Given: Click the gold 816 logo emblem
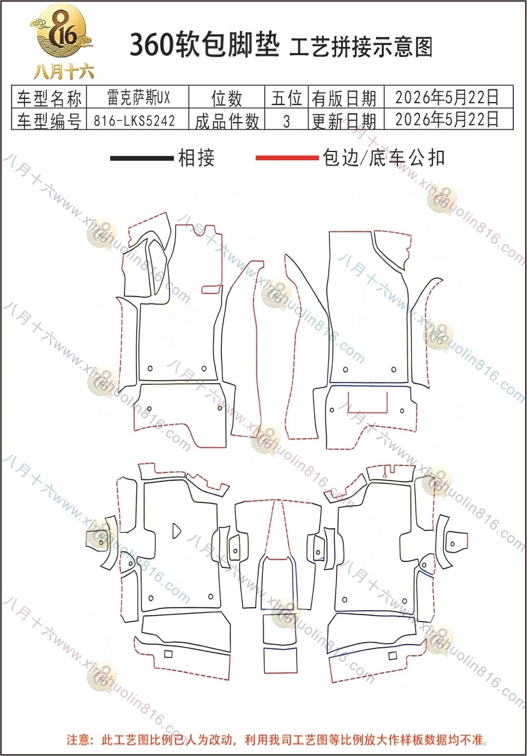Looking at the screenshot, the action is tap(61, 31).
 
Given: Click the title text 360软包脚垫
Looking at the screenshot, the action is tap(205, 45).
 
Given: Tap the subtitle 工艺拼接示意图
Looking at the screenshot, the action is tap(361, 48).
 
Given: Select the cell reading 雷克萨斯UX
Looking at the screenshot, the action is tap(138, 98).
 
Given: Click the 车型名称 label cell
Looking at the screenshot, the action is tap(49, 98).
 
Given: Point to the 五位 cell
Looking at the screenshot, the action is tap(286, 98).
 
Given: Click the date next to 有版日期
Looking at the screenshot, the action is tap(447, 97).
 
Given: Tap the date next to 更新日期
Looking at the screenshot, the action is tap(447, 119).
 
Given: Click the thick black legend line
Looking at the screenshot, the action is tap(142, 158).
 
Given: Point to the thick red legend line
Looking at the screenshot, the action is tap(287, 158).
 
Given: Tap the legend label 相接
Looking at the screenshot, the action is tap(197, 158).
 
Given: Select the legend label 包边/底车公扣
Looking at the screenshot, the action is tap(384, 158).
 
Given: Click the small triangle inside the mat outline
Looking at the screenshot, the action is tap(177, 531).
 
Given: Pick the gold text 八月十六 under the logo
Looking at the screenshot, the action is tap(63, 72).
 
